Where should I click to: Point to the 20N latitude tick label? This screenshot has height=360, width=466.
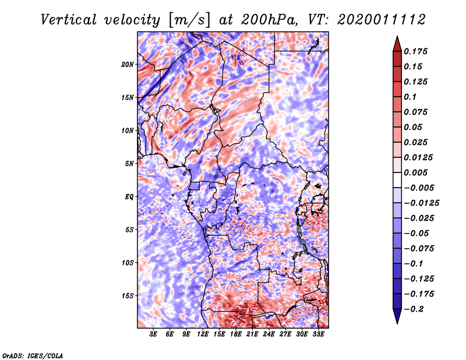pyautogui.click(x=128, y=64)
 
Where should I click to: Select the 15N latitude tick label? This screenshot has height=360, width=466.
pyautogui.click(x=128, y=97)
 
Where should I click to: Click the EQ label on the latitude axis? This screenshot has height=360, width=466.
pyautogui.click(x=129, y=196)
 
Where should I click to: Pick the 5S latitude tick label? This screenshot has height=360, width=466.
pyautogui.click(x=129, y=230)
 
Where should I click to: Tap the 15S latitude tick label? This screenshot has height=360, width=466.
pyautogui.click(x=128, y=295)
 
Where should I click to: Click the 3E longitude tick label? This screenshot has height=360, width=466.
pyautogui.click(x=154, y=334)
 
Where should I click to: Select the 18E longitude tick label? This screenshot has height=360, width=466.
pyautogui.click(x=236, y=334)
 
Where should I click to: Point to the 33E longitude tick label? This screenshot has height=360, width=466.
pyautogui.click(x=319, y=334)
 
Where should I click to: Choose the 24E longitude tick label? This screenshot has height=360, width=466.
pyautogui.click(x=269, y=334)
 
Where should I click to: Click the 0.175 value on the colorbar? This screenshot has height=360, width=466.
pyautogui.click(x=417, y=51)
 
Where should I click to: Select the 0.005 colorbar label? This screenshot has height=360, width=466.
pyautogui.click(x=417, y=172)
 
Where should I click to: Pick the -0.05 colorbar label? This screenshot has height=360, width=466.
pyautogui.click(x=417, y=233)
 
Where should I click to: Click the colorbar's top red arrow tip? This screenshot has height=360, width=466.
pyautogui.click(x=396, y=38)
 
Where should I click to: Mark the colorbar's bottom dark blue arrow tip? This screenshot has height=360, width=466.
pyautogui.click(x=396, y=322)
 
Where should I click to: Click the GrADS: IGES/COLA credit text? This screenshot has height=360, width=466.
pyautogui.click(x=32, y=355)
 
